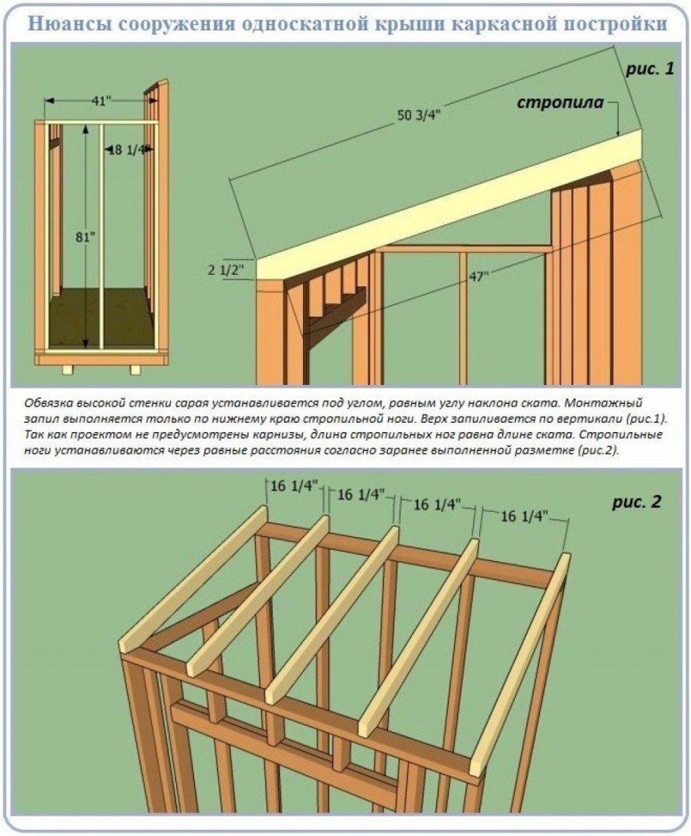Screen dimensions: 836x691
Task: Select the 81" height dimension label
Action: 87,237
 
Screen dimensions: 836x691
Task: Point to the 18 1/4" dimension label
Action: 128,150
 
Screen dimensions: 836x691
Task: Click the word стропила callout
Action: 561,102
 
